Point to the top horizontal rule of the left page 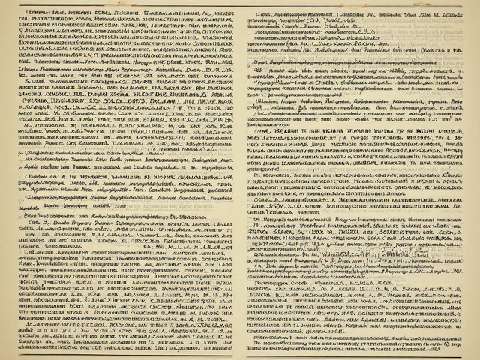pyautogui.click(x=120, y=6)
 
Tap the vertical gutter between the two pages pyautogui.click(x=239, y=180)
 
